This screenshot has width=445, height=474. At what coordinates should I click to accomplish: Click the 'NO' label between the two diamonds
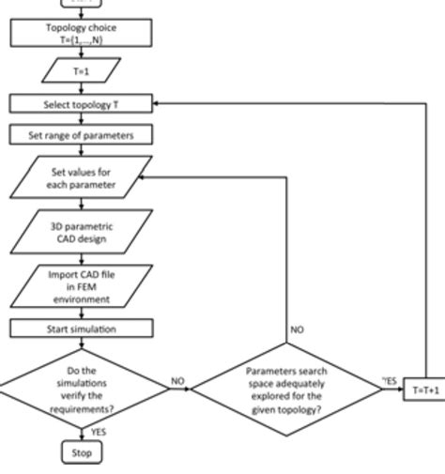point(177,381)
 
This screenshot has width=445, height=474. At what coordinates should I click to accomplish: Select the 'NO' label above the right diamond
point(297,330)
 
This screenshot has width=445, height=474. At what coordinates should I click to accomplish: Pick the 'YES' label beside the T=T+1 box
point(391,381)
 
